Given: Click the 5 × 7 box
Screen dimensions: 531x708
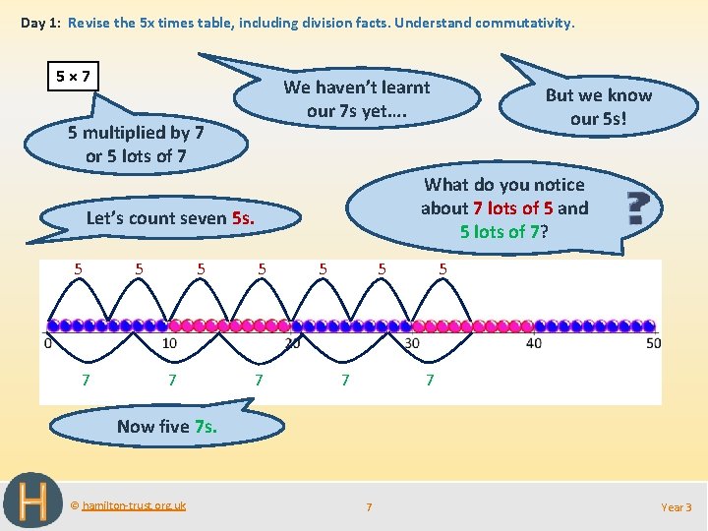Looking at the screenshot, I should [x=75, y=75].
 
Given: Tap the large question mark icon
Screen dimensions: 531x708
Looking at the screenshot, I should [x=640, y=209].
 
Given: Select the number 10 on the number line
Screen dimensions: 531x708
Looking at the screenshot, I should [x=169, y=343].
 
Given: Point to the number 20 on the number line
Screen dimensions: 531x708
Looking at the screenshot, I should [x=292, y=343].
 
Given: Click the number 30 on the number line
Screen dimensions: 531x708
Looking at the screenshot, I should [x=412, y=343].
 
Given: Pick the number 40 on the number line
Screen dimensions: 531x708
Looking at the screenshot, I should [x=534, y=343].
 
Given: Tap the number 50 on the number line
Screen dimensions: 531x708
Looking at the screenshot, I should [x=654, y=343].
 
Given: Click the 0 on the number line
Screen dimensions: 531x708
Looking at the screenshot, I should [x=48, y=343].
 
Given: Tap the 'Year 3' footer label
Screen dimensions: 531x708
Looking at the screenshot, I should [x=676, y=507].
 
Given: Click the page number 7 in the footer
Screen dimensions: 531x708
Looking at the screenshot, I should [x=369, y=507].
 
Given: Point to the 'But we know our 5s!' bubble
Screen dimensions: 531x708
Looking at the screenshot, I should [x=598, y=106].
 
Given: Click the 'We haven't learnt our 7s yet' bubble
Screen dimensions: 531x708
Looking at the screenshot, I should [x=356, y=98].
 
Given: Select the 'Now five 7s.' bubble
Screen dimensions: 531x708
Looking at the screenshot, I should [x=166, y=426].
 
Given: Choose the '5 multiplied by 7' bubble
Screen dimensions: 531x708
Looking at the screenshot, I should [x=136, y=144].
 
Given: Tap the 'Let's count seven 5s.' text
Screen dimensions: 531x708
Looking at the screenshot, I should [x=170, y=218].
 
